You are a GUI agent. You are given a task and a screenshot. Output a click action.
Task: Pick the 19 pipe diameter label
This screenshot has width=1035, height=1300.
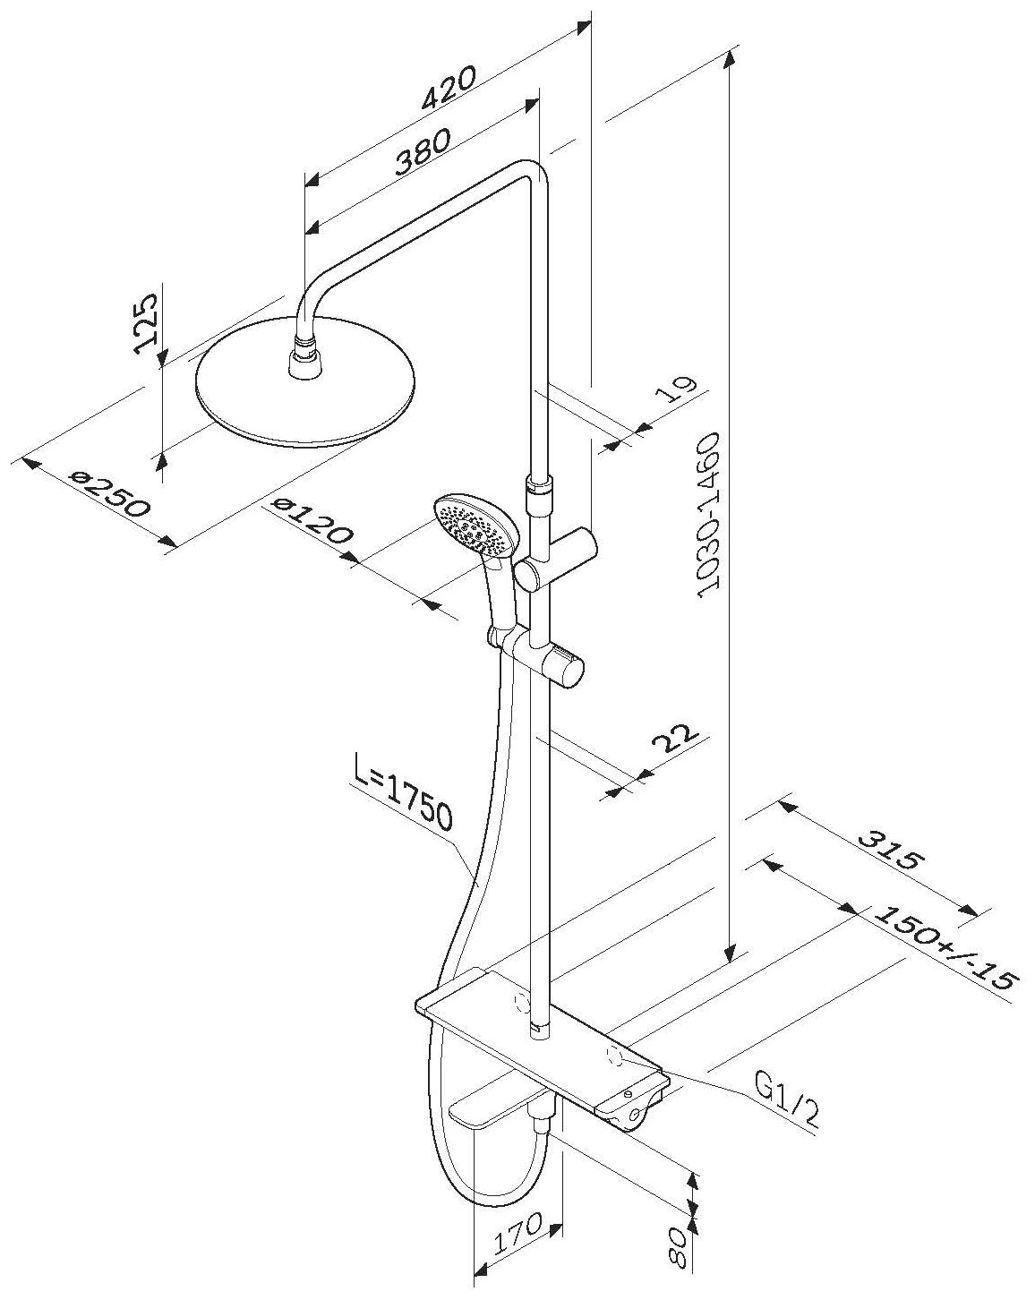(x=680, y=395)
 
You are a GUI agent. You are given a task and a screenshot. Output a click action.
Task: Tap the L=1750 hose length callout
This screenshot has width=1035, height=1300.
(x=403, y=805)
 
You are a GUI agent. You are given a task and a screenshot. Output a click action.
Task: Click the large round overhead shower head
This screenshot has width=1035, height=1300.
(x=304, y=394)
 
